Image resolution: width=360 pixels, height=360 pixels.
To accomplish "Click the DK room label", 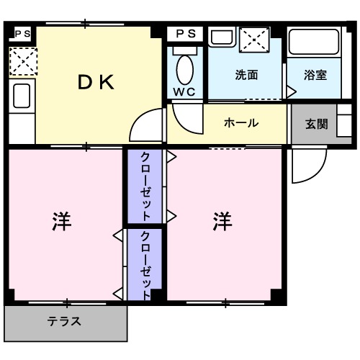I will click(96, 82).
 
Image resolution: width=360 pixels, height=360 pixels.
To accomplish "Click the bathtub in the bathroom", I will click(315, 47).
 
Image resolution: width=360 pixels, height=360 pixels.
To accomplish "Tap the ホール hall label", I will click(242, 122).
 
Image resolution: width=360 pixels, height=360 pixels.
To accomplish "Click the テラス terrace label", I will click(64, 322).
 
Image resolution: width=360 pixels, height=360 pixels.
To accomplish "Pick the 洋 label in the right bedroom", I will click(222, 221).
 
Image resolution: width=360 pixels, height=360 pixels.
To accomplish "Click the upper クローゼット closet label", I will click(145, 185).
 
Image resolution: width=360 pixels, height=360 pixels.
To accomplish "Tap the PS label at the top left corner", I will click(22, 33).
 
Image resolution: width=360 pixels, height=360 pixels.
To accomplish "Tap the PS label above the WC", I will click(185, 33).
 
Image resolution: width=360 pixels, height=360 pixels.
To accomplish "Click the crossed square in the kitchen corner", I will click(22, 61).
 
